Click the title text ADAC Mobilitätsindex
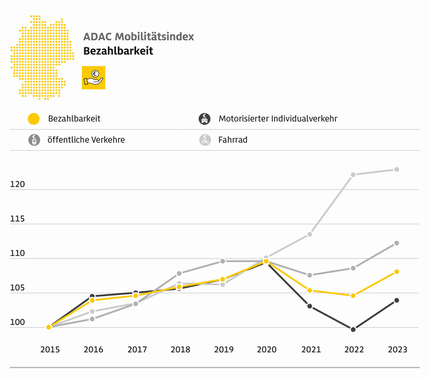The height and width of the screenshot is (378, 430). tap(139, 37)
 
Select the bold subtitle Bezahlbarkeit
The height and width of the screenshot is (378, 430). tap(118, 51)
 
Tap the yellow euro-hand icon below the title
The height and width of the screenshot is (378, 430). tap(93, 77)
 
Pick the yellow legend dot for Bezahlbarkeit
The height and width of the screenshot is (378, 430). tap(34, 119)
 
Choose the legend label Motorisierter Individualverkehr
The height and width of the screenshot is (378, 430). tap(278, 119)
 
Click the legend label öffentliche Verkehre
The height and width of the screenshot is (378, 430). tap(86, 140)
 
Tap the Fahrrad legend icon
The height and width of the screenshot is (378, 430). tap(205, 140)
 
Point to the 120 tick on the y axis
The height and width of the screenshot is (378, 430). tap(17, 185)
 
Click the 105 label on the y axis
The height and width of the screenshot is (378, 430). tap(17, 288)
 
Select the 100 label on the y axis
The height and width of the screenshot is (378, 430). tap(17, 323)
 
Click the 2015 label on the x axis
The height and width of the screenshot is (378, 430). tap(50, 349)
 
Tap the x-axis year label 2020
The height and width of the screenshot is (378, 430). tap(266, 349)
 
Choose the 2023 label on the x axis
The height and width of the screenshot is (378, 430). tap(397, 349)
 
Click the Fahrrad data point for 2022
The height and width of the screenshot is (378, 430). tap(353, 175)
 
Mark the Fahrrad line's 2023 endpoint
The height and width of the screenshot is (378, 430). tap(396, 169)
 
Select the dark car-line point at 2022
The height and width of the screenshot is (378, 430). tap(353, 329)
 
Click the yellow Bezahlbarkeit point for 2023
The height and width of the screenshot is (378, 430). tap(396, 272)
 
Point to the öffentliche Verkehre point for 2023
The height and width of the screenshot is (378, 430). tap(396, 243)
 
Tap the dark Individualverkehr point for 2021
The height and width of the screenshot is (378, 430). tap(310, 306)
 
